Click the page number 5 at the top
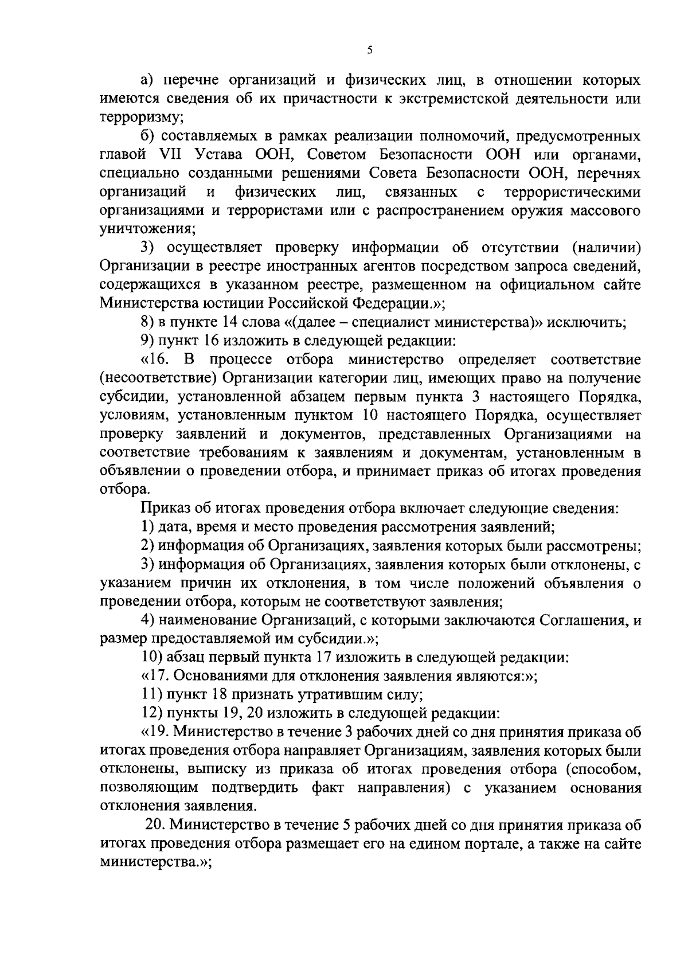click(370, 50)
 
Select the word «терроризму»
click(140, 118)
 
